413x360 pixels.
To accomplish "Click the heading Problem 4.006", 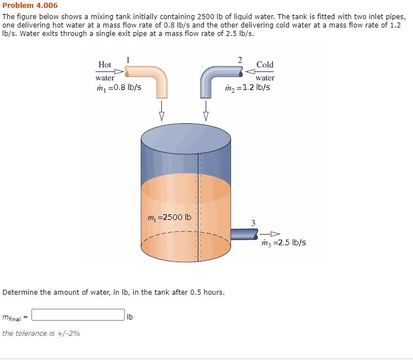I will tap(30, 5).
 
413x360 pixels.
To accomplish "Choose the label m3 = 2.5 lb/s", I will tap(283, 243).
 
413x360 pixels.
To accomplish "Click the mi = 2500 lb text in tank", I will tap(169, 217).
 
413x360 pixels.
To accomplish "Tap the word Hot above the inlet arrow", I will tap(105, 65).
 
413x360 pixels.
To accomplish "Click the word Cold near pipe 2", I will tap(265, 65).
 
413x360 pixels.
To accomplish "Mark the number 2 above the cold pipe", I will tap(240, 59).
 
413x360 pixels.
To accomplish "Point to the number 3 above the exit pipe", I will tap(253, 223).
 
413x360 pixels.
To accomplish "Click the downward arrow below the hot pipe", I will tap(161, 110).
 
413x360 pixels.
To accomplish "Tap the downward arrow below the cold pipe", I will tap(206, 110).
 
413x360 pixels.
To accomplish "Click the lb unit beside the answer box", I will tap(130, 316).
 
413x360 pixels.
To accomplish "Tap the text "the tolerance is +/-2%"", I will tap(41, 333).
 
